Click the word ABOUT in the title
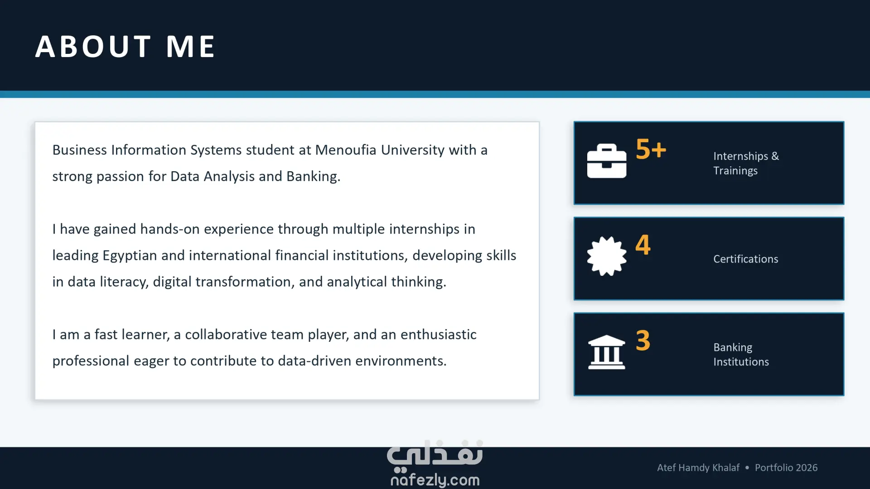tap(93, 46)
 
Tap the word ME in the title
tap(190, 46)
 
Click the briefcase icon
tap(607, 161)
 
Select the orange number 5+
tap(651, 149)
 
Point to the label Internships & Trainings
tap(746, 163)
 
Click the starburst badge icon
tap(607, 256)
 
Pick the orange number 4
tap(643, 244)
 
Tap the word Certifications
tap(746, 259)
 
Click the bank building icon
tap(607, 352)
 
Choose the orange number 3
tap(643, 340)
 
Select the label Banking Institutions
tap(741, 355)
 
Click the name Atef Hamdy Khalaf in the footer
tap(698, 468)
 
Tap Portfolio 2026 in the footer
tap(786, 468)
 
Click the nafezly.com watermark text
tap(435, 480)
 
